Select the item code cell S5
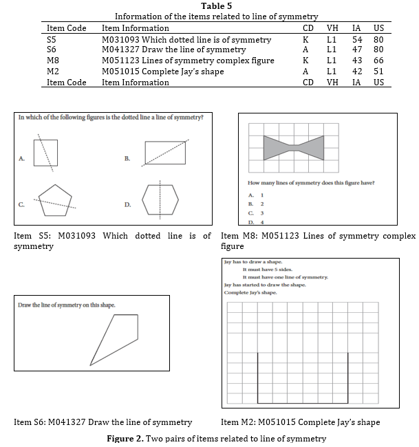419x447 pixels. pyautogui.click(x=52, y=40)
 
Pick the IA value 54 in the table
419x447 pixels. pyautogui.click(x=356, y=40)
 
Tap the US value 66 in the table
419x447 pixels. pyautogui.click(x=378, y=61)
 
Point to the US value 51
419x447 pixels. pyautogui.click(x=378, y=72)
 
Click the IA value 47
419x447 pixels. pyautogui.click(x=356, y=50)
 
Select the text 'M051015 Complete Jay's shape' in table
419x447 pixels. pyautogui.click(x=162, y=72)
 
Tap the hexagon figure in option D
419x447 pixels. pyautogui.click(x=160, y=200)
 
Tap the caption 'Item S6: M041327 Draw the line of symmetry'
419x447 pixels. pyautogui.click(x=103, y=422)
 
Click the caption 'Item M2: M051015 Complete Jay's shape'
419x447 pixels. pyautogui.click(x=300, y=422)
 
